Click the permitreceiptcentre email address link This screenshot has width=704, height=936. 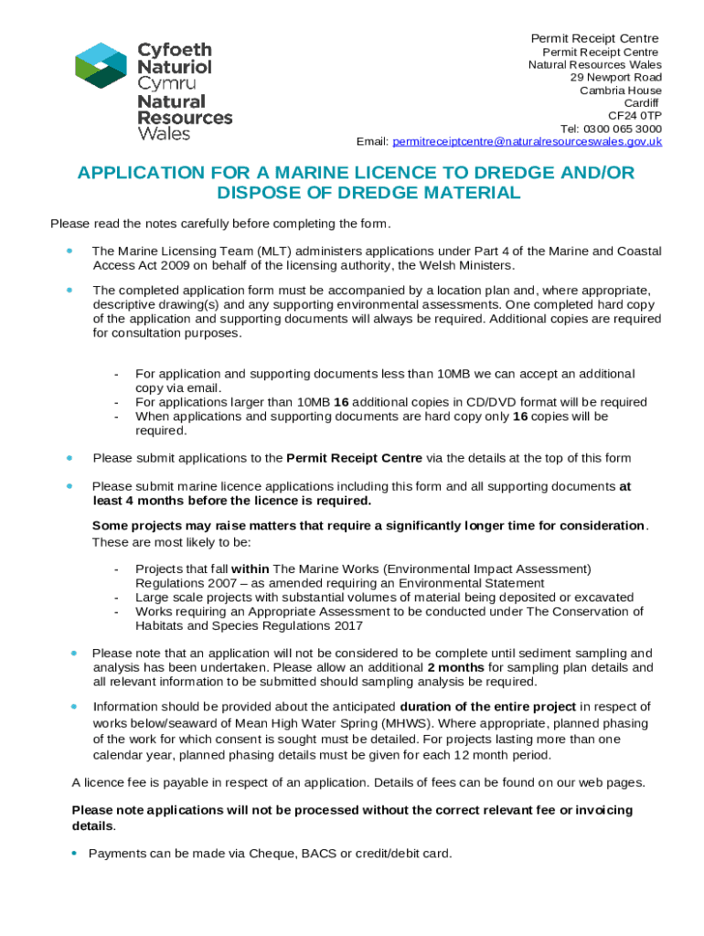527,142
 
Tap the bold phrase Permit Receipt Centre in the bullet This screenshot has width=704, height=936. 355,458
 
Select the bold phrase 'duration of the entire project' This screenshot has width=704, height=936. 488,707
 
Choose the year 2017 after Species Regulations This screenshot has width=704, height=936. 348,626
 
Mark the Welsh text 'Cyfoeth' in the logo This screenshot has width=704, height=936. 174,50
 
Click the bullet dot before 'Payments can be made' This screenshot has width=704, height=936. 74,854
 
